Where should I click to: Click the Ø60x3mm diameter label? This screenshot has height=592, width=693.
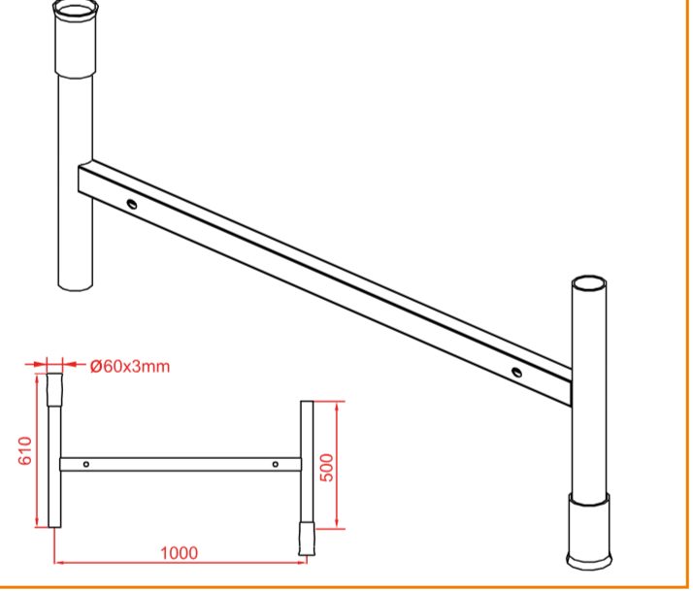click(x=129, y=366)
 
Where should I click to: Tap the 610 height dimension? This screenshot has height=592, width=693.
click(x=25, y=450)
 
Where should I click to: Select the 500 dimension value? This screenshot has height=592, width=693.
click(x=327, y=468)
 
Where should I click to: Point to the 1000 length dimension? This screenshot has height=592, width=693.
click(x=179, y=552)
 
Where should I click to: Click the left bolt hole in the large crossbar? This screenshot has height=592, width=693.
click(x=131, y=204)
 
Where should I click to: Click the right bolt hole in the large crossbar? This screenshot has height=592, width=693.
click(x=516, y=372)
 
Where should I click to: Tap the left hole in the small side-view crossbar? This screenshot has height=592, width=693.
click(x=86, y=464)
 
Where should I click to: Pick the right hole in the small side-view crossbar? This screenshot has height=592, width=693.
click(x=276, y=464)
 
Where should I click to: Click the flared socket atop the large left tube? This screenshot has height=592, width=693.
click(x=75, y=39)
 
